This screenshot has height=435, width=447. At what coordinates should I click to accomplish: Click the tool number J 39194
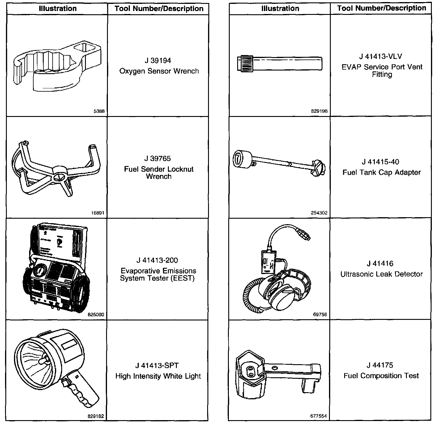tap(158, 61)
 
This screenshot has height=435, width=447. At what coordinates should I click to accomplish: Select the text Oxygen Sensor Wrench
tap(159, 71)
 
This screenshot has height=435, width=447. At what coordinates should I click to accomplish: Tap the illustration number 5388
tap(99, 111)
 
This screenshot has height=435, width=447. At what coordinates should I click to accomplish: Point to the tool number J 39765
tap(158, 159)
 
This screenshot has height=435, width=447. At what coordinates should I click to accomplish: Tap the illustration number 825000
tap(96, 314)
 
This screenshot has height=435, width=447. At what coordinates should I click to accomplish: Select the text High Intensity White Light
tap(158, 376)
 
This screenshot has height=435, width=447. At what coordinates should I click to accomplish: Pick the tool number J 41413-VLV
tap(380, 57)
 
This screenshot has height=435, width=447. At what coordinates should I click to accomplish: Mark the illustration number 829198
tap(319, 111)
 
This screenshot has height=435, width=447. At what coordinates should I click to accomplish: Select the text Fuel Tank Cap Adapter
tap(382, 173)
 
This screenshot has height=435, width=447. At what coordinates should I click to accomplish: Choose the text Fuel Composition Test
tap(381, 376)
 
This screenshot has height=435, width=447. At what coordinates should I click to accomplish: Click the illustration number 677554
tap(318, 416)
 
